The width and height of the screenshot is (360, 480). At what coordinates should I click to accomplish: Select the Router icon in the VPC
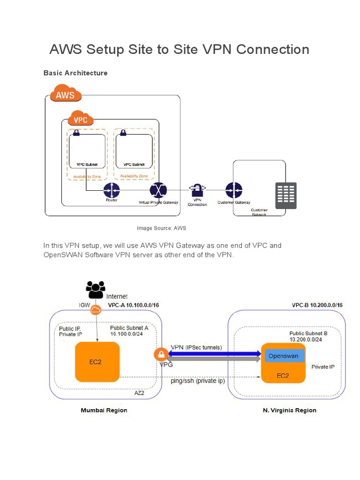[112, 190]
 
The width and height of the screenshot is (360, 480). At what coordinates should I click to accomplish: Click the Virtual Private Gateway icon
[158, 190]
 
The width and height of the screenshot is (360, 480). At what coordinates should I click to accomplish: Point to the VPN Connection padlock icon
[197, 190]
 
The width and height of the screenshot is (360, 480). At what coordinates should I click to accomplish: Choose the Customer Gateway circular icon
[233, 190]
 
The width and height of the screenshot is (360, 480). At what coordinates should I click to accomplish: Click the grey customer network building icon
[285, 195]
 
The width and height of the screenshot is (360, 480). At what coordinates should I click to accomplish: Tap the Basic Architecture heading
[75, 73]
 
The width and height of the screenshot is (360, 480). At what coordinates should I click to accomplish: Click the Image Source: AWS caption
[161, 228]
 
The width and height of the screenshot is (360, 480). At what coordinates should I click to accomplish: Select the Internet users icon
[96, 290]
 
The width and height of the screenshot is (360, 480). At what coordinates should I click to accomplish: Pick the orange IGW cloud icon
[96, 309]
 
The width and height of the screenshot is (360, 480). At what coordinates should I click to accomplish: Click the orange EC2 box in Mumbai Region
[97, 361]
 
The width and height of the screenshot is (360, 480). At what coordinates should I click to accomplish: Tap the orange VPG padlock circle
[160, 354]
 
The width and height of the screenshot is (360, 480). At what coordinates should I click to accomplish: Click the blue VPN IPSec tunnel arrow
[213, 353]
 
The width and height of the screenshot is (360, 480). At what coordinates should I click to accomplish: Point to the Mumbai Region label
[104, 410]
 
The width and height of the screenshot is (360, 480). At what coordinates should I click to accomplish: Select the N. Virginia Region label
[290, 410]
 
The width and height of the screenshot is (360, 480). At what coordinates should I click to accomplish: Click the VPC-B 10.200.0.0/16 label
[317, 305]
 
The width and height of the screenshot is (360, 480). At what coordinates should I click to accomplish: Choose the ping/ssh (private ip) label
[198, 381]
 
